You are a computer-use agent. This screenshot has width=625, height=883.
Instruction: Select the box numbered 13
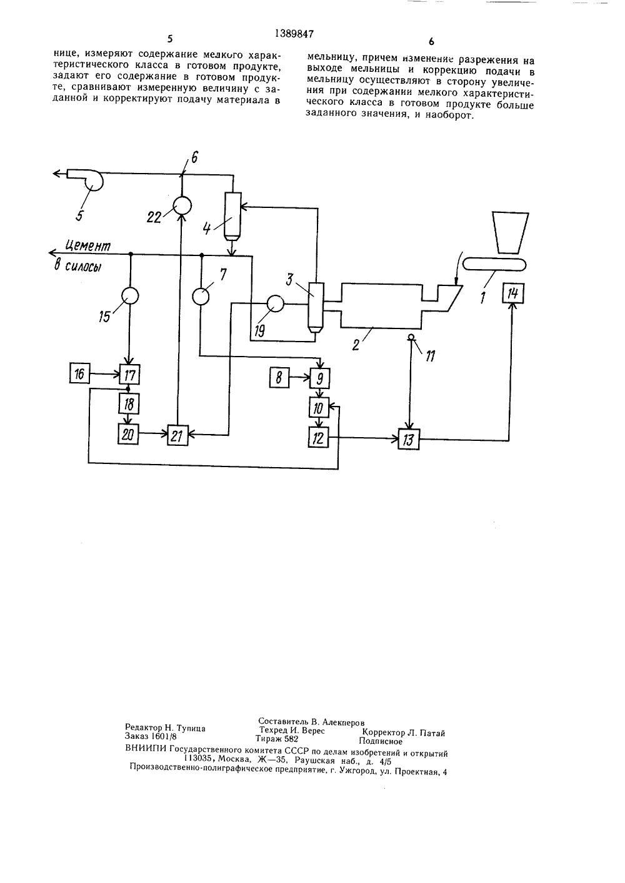[x=409, y=439]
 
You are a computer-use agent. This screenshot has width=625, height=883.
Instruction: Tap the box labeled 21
[x=177, y=435]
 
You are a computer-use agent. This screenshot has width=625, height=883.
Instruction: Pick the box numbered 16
[x=79, y=373]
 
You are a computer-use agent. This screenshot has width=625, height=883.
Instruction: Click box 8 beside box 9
[x=279, y=378]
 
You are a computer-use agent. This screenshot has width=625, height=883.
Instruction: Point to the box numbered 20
[x=128, y=434]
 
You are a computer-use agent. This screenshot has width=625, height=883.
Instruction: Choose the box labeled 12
[x=318, y=437]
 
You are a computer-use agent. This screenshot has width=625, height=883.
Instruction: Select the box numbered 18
[x=129, y=404]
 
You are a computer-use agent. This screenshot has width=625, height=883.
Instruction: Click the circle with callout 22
[x=182, y=205]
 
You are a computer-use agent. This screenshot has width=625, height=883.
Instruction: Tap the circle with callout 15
[x=130, y=295]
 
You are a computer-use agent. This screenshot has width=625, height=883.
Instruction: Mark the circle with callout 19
[x=275, y=304]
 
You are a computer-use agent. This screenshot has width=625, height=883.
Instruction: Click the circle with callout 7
[x=201, y=296]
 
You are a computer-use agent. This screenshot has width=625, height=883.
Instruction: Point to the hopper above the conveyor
[x=510, y=232]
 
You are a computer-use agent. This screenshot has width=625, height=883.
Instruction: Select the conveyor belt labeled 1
[x=494, y=264]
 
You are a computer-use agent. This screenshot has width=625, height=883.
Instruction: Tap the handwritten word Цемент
[x=87, y=246]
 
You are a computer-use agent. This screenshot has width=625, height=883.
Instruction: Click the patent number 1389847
[x=294, y=34]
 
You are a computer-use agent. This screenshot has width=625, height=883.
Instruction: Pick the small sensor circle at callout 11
[x=411, y=337]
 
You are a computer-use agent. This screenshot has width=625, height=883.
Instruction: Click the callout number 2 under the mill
[x=356, y=345]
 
